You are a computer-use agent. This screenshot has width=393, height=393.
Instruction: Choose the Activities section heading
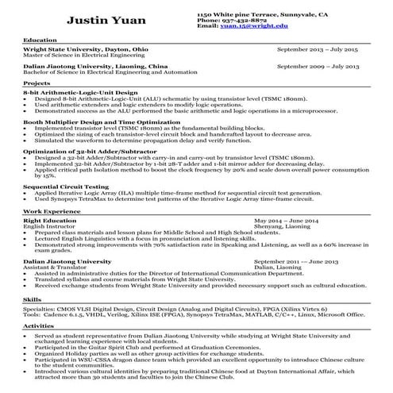(x=38, y=326)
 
